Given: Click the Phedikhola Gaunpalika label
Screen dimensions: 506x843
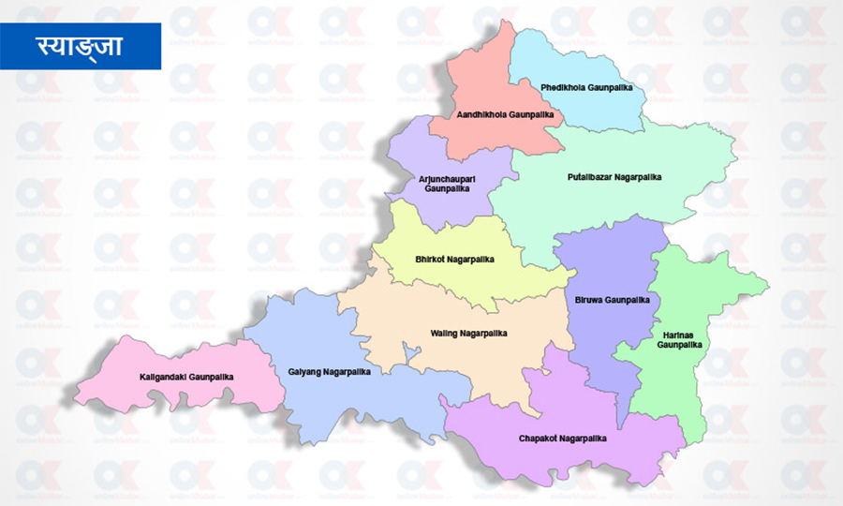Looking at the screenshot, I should pos(586,87).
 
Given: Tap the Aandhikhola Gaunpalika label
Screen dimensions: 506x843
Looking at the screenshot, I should pos(505,115).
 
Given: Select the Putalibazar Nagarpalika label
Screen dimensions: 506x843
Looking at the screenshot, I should pos(614,176).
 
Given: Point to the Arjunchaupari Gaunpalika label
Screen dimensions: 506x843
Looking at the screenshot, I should pos(445,182).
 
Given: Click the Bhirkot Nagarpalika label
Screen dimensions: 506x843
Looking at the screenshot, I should pos(453,259).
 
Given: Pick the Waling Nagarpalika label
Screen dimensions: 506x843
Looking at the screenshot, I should pos(468,333).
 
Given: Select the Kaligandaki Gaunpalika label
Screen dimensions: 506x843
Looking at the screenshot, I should pos(185,377).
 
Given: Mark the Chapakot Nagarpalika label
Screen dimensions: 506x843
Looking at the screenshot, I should pos(562,438).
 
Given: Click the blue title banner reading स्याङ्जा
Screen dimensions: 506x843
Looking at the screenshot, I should pos(81,45).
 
